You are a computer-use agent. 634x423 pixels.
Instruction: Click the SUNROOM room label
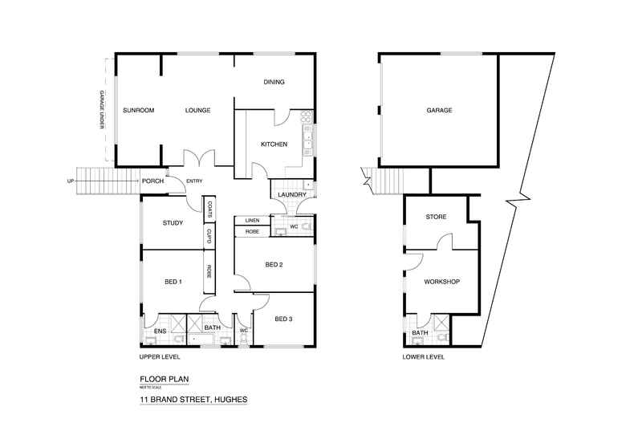pyautogui.click(x=138, y=110)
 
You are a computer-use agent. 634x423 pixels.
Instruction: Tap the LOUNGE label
pyautogui.click(x=197, y=110)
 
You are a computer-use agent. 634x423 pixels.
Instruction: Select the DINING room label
pyautogui.click(x=275, y=83)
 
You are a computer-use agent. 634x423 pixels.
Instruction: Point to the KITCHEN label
pyautogui.click(x=274, y=144)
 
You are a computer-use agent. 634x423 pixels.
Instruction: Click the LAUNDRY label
pyautogui.click(x=288, y=194)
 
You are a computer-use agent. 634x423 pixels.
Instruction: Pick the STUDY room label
pyautogui.click(x=173, y=224)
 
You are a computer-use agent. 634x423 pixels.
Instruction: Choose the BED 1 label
pyautogui.click(x=173, y=282)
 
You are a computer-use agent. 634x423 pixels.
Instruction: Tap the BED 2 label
pyautogui.click(x=275, y=265)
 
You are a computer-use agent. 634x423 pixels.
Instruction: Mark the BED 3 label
pyautogui.click(x=283, y=319)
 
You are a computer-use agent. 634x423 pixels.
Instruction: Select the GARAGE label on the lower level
pyautogui.click(x=440, y=110)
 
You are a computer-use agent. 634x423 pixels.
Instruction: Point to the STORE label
pyautogui.click(x=436, y=218)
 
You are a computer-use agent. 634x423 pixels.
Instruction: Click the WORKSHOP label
pyautogui.click(x=441, y=282)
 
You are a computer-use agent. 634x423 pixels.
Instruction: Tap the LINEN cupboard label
pyautogui.click(x=250, y=220)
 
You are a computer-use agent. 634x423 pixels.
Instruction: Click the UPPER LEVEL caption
pyautogui.click(x=160, y=356)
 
